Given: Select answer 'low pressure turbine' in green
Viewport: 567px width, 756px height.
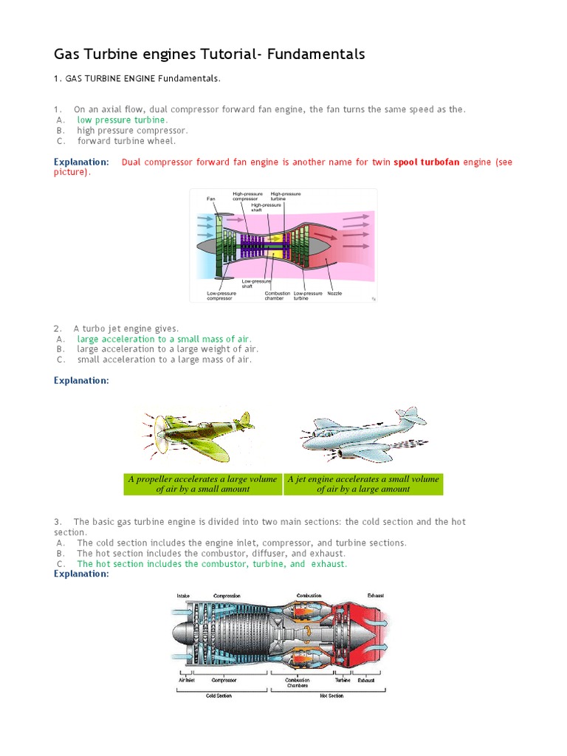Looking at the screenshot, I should click(122, 120).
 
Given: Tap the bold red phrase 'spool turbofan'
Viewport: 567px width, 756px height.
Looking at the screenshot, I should click(427, 162).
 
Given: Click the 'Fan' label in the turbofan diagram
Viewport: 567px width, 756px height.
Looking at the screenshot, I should click(210, 199).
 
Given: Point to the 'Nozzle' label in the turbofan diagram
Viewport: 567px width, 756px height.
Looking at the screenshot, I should click(334, 293).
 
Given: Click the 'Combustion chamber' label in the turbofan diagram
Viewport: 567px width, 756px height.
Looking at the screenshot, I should click(278, 296).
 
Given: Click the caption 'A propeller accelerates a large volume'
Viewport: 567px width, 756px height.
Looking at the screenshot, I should click(202, 479).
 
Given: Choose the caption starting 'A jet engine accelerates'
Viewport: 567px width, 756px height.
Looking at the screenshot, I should click(363, 479).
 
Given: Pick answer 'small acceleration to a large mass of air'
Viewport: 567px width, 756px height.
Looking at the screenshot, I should click(164, 360).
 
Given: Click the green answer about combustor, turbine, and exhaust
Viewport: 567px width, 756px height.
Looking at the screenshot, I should click(211, 563).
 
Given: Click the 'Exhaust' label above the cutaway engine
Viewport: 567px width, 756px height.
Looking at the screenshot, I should click(376, 596).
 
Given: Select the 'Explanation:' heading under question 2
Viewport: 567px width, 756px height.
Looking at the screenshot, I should click(81, 380).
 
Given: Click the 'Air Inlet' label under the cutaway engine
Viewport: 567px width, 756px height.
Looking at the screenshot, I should click(185, 680).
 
